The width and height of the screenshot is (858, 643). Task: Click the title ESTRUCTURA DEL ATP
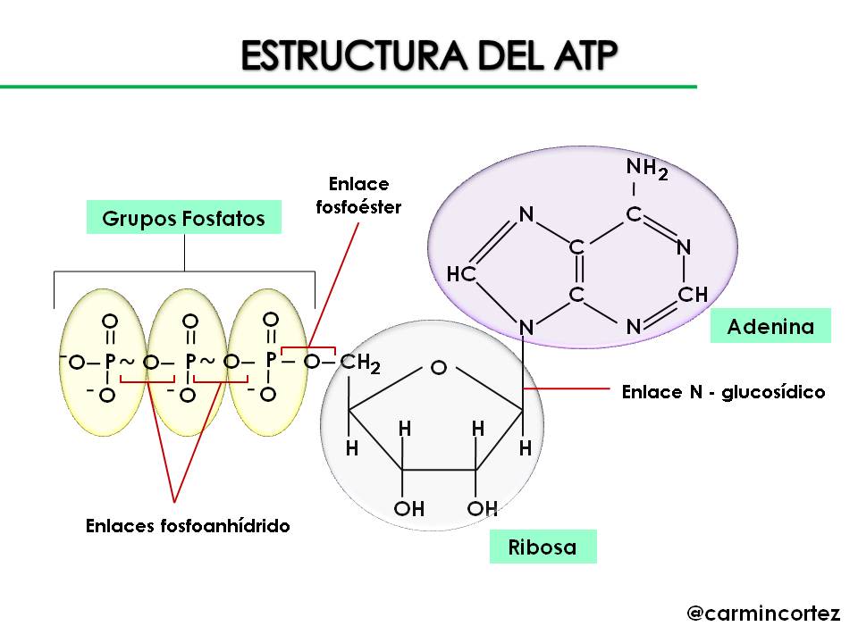(429, 55)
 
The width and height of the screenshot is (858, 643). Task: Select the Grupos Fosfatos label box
(183, 218)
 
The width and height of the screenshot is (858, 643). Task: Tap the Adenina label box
(770, 326)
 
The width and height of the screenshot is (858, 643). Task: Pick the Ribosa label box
(543, 547)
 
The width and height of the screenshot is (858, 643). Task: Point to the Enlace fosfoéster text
(359, 196)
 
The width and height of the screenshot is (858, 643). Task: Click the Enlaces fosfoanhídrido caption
(188, 525)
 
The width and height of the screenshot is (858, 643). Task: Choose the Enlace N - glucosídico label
(723, 392)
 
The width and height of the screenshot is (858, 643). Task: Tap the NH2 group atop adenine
(646, 168)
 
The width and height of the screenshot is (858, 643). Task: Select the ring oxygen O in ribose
(438, 367)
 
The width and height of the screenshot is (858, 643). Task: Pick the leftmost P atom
(109, 362)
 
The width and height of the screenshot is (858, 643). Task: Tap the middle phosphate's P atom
(189, 362)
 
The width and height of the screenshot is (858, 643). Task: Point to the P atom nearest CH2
(270, 359)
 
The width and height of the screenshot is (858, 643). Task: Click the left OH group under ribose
(408, 509)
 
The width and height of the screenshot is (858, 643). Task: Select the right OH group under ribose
(482, 509)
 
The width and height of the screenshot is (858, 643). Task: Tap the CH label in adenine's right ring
(693, 295)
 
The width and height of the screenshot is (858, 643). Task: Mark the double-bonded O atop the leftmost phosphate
(109, 320)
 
